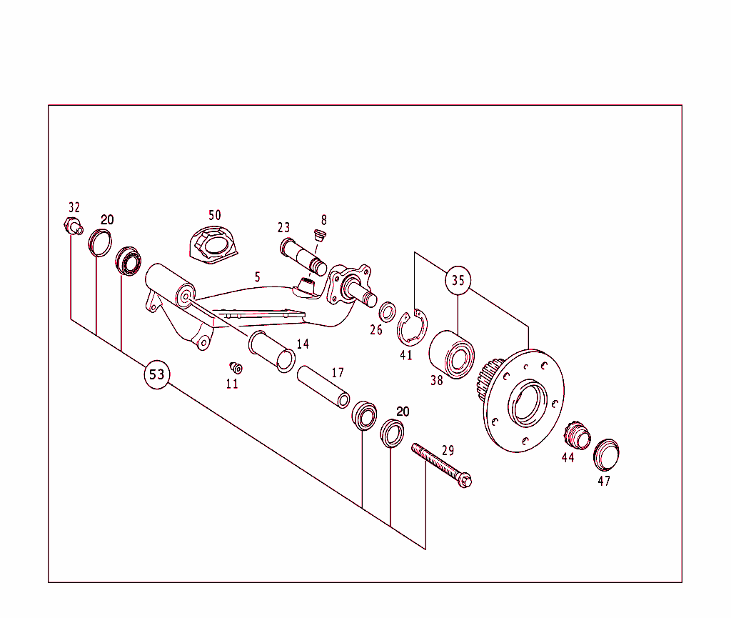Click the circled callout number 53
[157, 374]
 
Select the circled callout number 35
[458, 281]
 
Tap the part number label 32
[74, 207]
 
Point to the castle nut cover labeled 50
[211, 246]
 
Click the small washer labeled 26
[388, 312]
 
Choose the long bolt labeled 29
[443, 466]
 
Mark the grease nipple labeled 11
[235, 367]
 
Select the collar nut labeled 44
[575, 435]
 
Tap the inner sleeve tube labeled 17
[323, 386]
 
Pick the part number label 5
[258, 276]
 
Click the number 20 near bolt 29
[403, 412]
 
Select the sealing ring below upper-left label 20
[101, 241]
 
